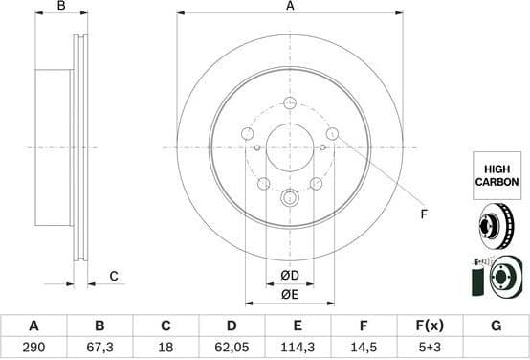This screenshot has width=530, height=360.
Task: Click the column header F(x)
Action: pos(430,326)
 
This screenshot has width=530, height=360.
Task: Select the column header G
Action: pos(496,326)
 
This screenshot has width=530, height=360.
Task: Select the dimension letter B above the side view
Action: pos(62,7)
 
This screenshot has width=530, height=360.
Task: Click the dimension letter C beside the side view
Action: pos(113,277)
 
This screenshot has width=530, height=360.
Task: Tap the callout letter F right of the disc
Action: pos(424,214)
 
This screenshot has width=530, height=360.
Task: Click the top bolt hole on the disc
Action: pos(290,102)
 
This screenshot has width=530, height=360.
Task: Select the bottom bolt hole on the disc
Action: pos(290,198)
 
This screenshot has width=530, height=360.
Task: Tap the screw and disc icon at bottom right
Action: pos(496,279)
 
